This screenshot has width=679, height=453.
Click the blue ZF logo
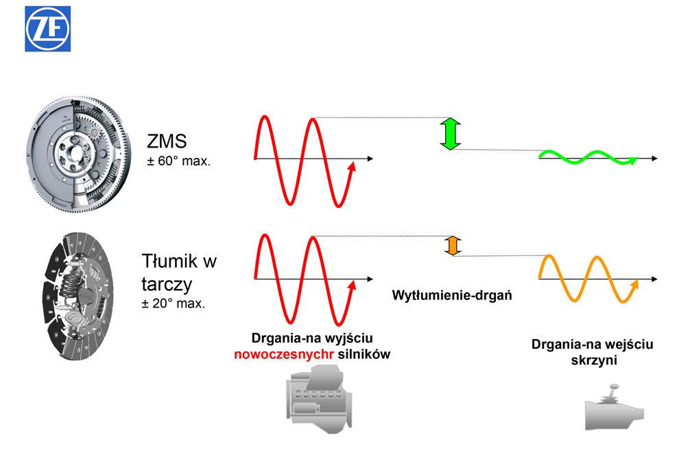[x=49, y=30]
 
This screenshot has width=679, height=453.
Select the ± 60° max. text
[x=178, y=163]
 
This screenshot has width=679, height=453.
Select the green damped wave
[x=588, y=158]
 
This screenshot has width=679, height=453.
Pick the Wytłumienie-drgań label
[x=453, y=296]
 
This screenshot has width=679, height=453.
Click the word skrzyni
[x=593, y=360]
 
